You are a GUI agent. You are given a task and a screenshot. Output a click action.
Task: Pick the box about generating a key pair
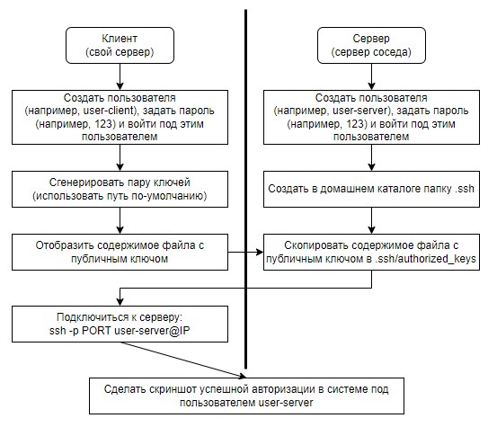[x=120, y=189]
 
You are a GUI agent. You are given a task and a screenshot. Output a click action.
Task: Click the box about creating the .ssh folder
[x=371, y=189]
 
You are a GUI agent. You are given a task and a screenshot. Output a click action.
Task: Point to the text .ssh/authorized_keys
[x=425, y=259]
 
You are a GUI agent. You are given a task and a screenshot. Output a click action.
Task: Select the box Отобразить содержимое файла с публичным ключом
[x=120, y=252]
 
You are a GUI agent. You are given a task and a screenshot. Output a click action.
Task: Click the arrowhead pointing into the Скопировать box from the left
[x=260, y=252]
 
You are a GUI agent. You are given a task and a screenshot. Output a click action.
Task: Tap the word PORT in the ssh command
[x=96, y=331]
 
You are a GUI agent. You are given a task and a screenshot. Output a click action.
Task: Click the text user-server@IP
[x=152, y=331]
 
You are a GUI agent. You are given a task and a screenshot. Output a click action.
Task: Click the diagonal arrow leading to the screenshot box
[x=183, y=360]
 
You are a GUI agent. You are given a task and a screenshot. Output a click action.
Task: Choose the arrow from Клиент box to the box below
[x=120, y=77]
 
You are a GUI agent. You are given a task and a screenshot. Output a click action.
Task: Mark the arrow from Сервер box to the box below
[x=371, y=77]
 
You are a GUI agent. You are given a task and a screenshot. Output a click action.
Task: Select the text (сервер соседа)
[x=371, y=52]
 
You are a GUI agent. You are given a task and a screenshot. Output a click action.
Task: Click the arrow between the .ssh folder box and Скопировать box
[x=371, y=220]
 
